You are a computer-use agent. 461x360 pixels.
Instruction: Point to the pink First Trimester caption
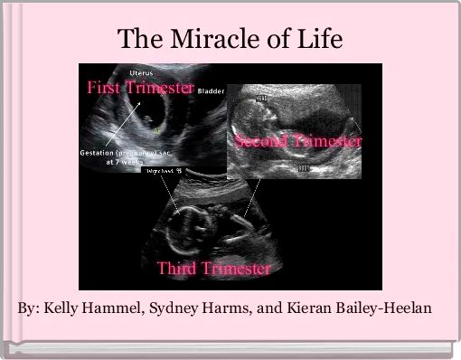[140, 88]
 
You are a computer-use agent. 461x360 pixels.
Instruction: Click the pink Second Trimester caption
[298, 142]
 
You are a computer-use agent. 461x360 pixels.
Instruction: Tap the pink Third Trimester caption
[214, 269]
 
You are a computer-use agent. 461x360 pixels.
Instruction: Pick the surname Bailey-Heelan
[387, 308]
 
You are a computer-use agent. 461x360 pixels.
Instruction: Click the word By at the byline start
[27, 308]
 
